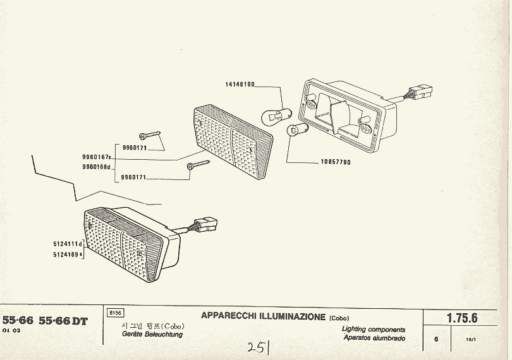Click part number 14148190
coord(240,84)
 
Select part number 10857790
coord(335,162)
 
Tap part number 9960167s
coord(97,157)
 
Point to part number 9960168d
coord(97,167)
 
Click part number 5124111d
coord(68,243)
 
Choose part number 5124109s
coord(68,255)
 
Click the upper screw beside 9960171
coord(150,135)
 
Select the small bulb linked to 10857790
coord(295,131)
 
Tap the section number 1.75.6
coord(462,319)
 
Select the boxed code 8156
coord(116,313)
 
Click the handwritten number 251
coord(258,347)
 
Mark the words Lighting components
coord(374,330)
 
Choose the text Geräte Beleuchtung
coord(152,334)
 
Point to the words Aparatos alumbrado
coord(374,338)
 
